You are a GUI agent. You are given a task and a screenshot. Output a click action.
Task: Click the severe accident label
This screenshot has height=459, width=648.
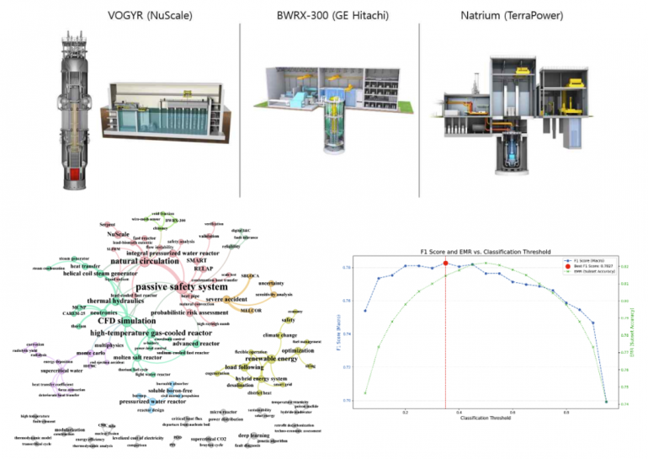tap(224, 300)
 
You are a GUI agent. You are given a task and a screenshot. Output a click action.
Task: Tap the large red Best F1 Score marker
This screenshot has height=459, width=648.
tap(445, 262)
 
